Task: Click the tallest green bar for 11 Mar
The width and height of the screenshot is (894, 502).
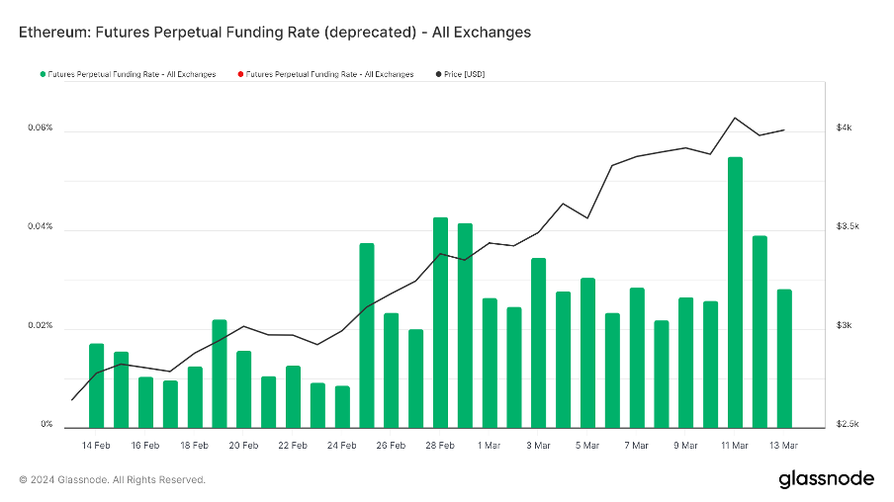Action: [x=735, y=292]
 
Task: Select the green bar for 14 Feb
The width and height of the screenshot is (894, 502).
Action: [x=96, y=385]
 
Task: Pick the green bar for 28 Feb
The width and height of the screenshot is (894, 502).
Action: [x=440, y=322]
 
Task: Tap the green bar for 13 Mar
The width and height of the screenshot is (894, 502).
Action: [x=784, y=358]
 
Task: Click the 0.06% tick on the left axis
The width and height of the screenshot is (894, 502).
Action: [x=41, y=128]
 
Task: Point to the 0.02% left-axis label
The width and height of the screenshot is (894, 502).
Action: [x=41, y=326]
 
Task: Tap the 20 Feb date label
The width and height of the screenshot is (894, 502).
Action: [x=243, y=446]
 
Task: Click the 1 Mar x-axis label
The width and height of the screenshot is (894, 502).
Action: [x=489, y=446]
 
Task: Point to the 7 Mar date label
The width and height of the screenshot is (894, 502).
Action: [x=636, y=446]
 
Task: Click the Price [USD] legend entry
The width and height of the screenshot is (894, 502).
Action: [x=464, y=74]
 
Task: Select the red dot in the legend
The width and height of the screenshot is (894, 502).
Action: [x=240, y=74]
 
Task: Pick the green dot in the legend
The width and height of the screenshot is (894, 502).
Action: [x=42, y=74]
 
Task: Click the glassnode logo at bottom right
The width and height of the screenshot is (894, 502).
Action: [x=826, y=479]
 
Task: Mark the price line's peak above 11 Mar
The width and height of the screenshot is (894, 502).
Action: [x=735, y=118]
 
